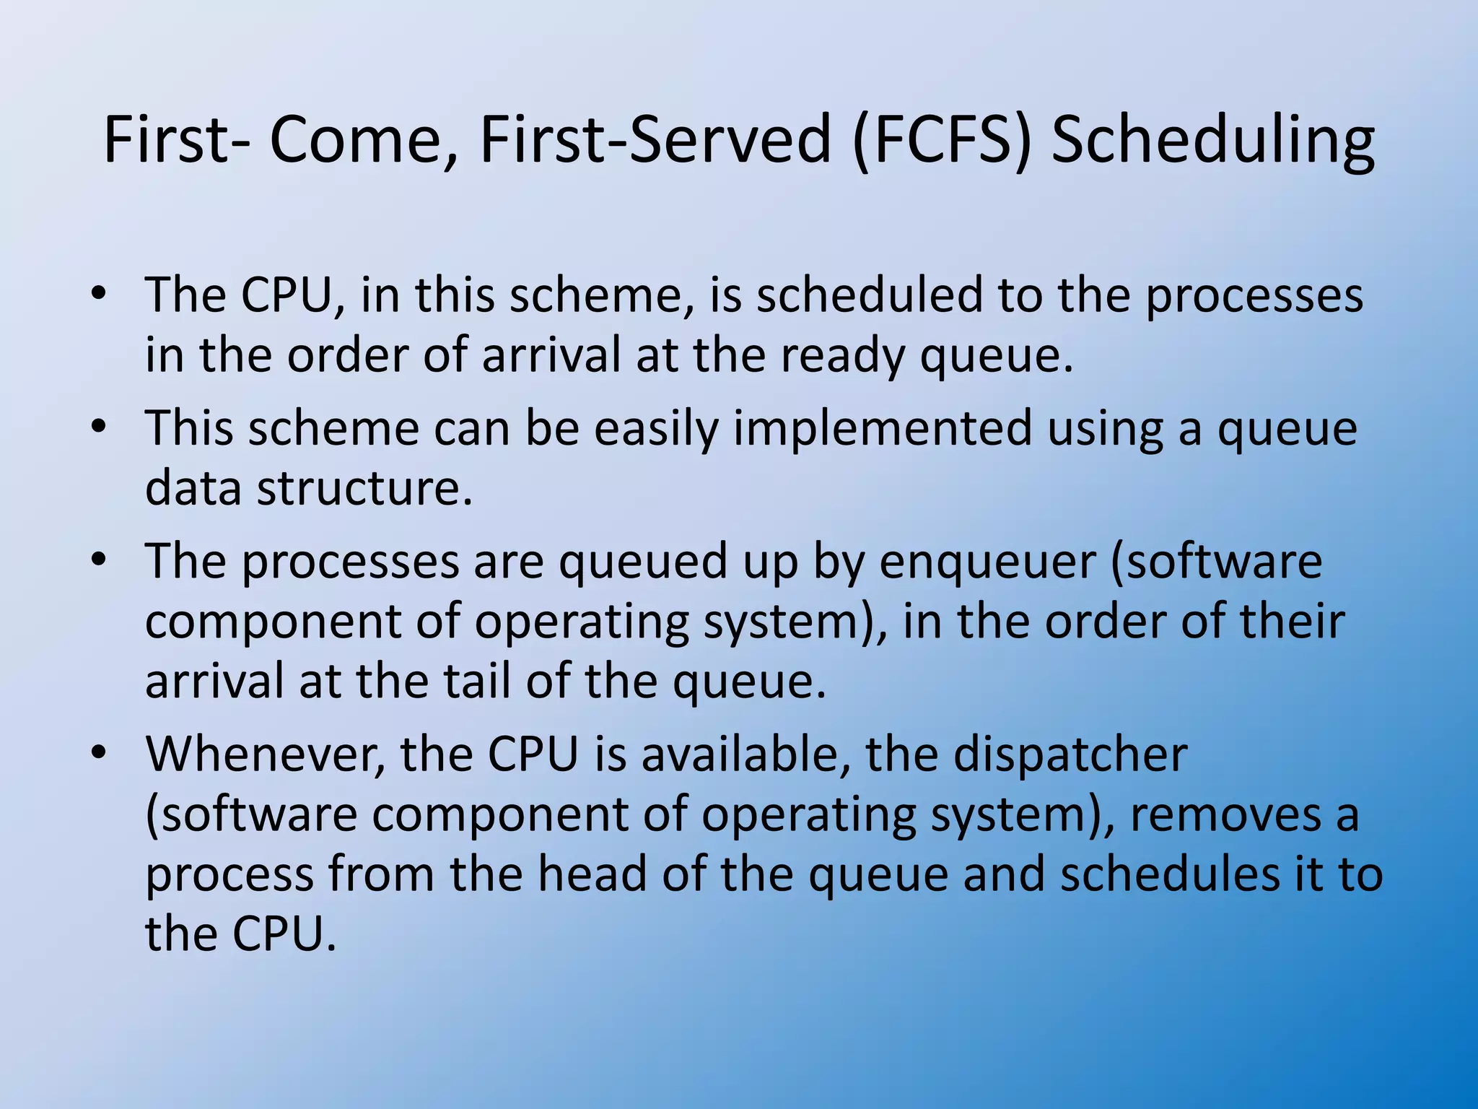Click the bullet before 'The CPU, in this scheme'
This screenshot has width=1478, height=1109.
coord(99,294)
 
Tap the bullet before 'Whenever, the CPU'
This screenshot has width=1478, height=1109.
coord(99,752)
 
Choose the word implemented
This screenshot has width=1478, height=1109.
coord(883,429)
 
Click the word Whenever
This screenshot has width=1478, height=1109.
coord(265,754)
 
